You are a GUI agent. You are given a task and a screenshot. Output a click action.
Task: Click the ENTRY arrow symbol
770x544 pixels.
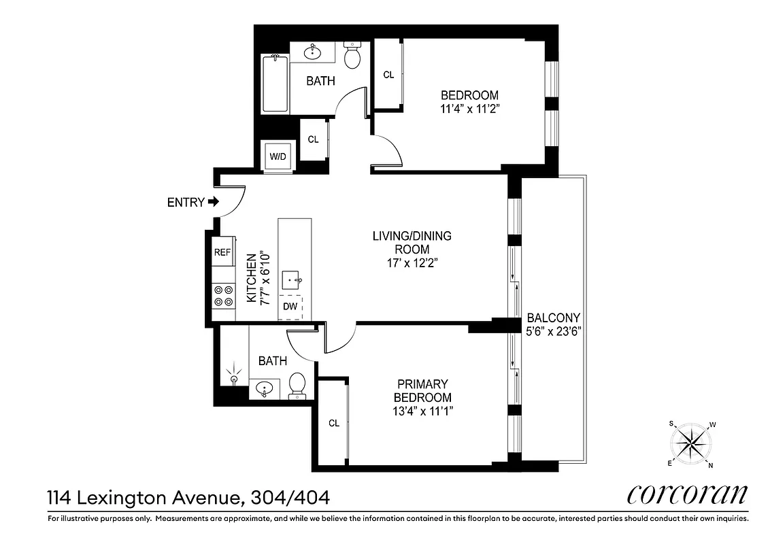tap(214, 202)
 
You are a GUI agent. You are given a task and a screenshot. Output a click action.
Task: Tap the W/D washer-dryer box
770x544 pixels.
tap(278, 156)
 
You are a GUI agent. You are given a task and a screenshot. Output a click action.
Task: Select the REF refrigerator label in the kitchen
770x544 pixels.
tap(222, 252)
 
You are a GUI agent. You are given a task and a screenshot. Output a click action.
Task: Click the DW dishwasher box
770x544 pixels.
tap(290, 307)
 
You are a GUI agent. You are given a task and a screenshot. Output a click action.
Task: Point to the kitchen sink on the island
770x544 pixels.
tap(296, 279)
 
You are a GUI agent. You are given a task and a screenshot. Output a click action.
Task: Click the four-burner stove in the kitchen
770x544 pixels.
tap(223, 296)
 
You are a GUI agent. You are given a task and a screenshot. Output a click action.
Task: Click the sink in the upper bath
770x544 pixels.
tap(315, 52)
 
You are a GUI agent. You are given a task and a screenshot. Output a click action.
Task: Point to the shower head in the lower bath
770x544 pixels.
tap(235, 376)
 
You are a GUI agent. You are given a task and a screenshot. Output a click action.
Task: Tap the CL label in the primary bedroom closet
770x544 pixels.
tap(333, 423)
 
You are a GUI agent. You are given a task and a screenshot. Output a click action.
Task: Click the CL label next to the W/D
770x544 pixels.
tap(313, 139)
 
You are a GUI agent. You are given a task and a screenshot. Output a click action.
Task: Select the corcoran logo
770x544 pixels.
tap(687, 494)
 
